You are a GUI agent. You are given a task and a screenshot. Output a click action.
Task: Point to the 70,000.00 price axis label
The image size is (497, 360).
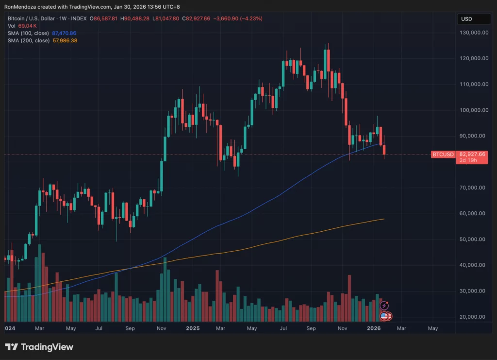pyautogui.click(x=475, y=188)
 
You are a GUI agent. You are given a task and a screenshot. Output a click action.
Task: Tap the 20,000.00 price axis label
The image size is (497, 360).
pyautogui.click(x=475, y=317)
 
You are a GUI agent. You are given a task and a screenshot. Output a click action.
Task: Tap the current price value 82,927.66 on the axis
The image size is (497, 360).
pyautogui.click(x=472, y=154)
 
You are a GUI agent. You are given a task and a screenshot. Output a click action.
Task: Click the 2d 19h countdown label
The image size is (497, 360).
pyautogui.click(x=466, y=160)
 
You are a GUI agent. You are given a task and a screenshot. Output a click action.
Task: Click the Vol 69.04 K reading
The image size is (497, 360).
pyautogui.click(x=28, y=26)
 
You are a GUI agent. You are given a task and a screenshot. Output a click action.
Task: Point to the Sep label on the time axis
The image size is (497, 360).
pyautogui.click(x=130, y=328)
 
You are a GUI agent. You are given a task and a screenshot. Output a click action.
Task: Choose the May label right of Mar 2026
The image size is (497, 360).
pyautogui.click(x=432, y=328)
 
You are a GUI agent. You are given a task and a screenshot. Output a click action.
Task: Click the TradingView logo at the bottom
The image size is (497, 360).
pyautogui.click(x=39, y=347)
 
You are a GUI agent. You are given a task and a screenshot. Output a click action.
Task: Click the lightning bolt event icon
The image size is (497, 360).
pyautogui.click(x=385, y=306)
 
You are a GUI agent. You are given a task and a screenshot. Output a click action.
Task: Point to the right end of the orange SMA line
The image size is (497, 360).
pyautogui.click(x=384, y=219)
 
